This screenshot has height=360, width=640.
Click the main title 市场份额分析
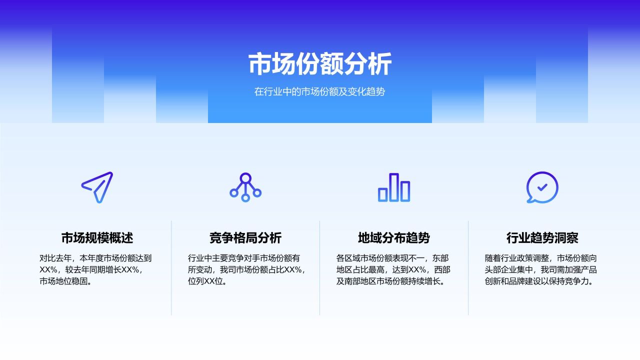(320, 64)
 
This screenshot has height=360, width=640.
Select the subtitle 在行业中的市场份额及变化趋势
(320, 92)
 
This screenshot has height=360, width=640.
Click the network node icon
(245, 187)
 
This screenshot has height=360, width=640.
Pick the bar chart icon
(394, 187)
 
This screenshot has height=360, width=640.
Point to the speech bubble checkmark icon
(542, 187)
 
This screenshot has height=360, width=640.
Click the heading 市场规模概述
(97, 238)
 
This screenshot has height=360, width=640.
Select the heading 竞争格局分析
(245, 238)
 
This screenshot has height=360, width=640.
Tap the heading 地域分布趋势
(394, 238)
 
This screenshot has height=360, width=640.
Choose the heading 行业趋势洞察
(542, 238)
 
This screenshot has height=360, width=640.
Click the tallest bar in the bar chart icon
(394, 187)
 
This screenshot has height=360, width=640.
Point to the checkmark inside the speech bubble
(542, 187)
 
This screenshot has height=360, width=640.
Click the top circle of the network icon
(245, 177)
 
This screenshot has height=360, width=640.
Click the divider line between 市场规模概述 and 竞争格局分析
(171, 268)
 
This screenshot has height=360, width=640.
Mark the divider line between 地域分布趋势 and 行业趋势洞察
(468, 268)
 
